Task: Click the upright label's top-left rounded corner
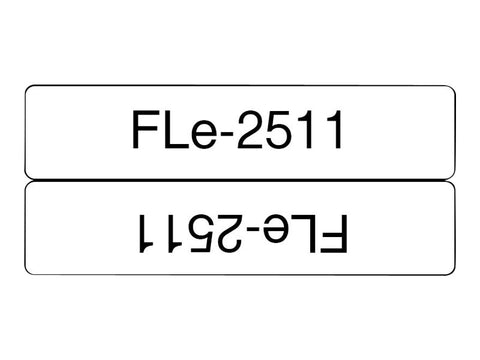[x=29, y=91]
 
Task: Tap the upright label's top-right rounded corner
[x=452, y=91]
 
